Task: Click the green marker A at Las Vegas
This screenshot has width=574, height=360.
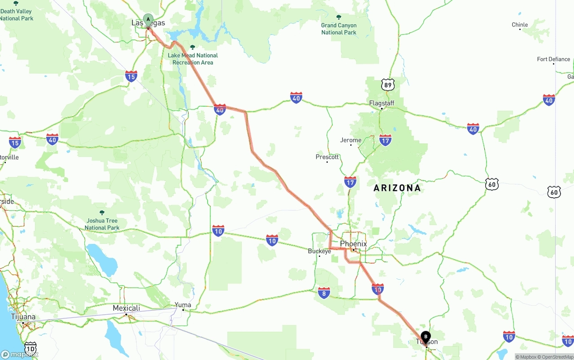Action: click(148, 20)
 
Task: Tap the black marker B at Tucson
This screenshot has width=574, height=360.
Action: click(426, 337)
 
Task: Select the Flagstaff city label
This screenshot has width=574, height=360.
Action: click(382, 103)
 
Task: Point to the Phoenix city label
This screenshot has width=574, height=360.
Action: click(353, 244)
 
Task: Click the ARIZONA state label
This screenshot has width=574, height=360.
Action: click(397, 188)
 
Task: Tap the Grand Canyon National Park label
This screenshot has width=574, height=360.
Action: click(339, 29)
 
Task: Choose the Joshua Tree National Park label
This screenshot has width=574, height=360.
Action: click(102, 224)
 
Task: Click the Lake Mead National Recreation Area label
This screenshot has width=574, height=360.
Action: click(193, 59)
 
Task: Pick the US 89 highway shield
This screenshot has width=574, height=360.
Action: click(388, 85)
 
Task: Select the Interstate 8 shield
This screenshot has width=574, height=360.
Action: click(324, 293)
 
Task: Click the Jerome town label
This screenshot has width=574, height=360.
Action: click(351, 140)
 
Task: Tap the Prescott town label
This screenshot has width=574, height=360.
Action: click(327, 157)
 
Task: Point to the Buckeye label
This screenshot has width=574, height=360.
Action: click(319, 251)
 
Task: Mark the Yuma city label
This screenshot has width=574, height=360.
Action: click(183, 305)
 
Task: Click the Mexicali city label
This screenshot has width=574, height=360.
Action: click(126, 308)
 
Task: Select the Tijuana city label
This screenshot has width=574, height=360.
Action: click(23, 317)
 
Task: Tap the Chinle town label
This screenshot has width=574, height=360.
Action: click(520, 25)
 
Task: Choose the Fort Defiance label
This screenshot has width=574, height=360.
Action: click(553, 59)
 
